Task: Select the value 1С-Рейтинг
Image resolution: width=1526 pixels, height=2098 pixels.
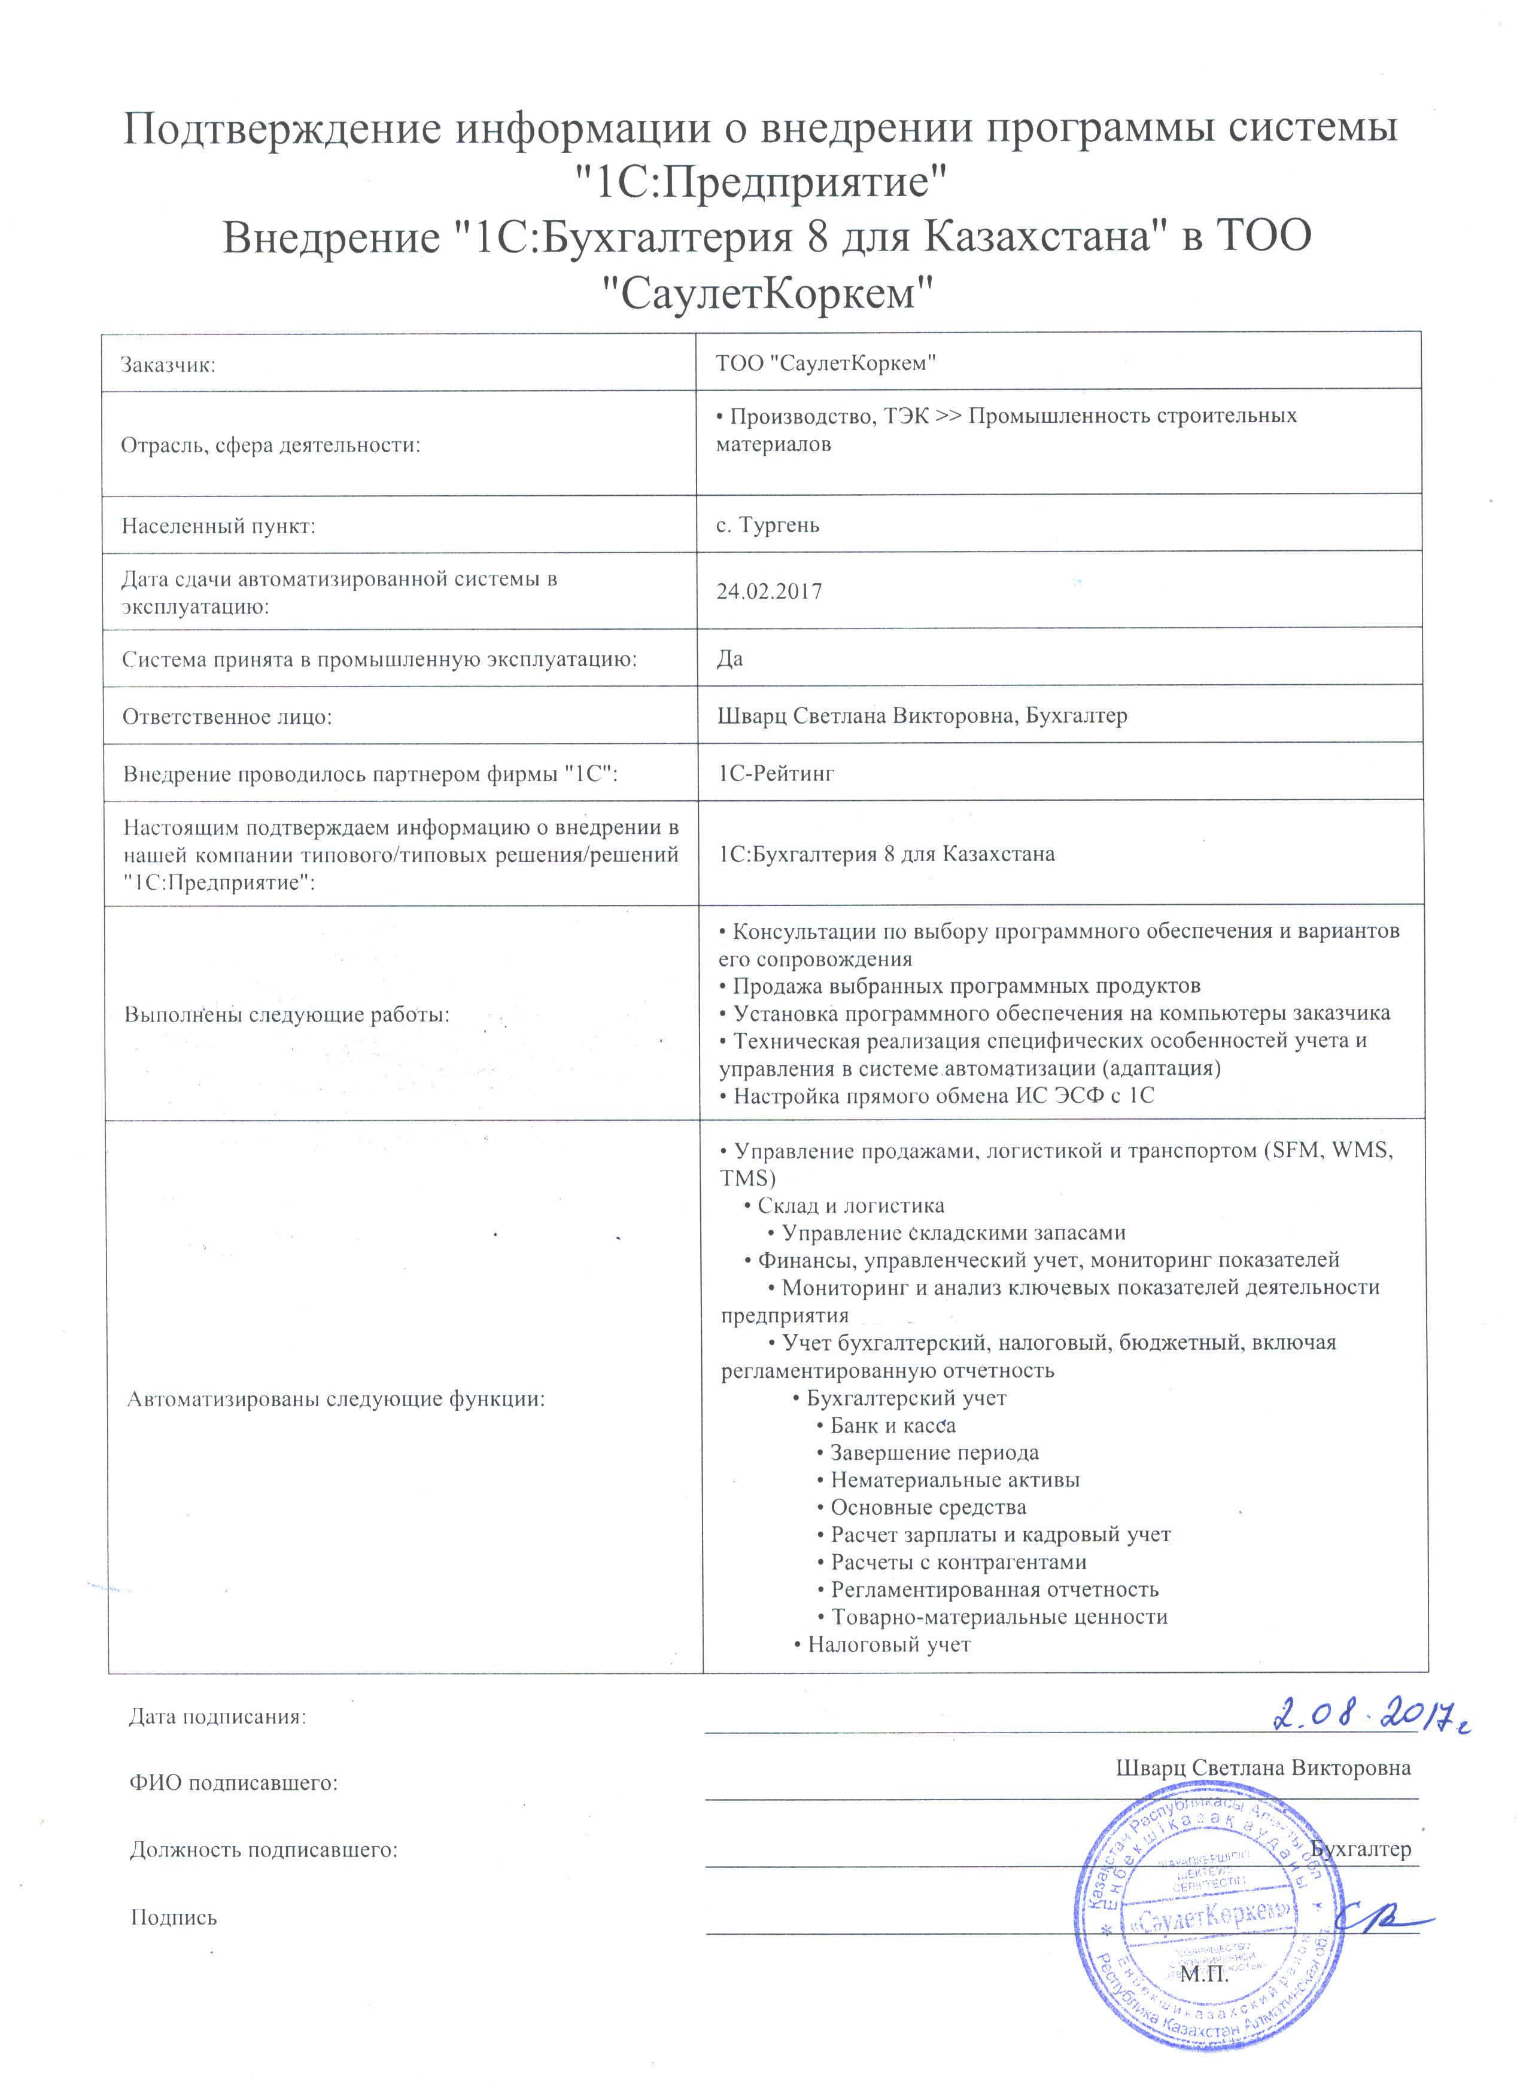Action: pos(776,773)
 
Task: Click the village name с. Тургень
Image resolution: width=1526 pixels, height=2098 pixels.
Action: pos(768,526)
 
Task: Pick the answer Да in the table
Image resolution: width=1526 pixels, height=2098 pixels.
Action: pos(730,658)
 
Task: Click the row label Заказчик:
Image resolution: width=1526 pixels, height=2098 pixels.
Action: pos(168,364)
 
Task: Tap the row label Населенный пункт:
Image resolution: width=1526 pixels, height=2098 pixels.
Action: pos(218,526)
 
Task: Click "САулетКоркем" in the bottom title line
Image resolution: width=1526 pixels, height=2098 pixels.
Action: pos(764,294)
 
